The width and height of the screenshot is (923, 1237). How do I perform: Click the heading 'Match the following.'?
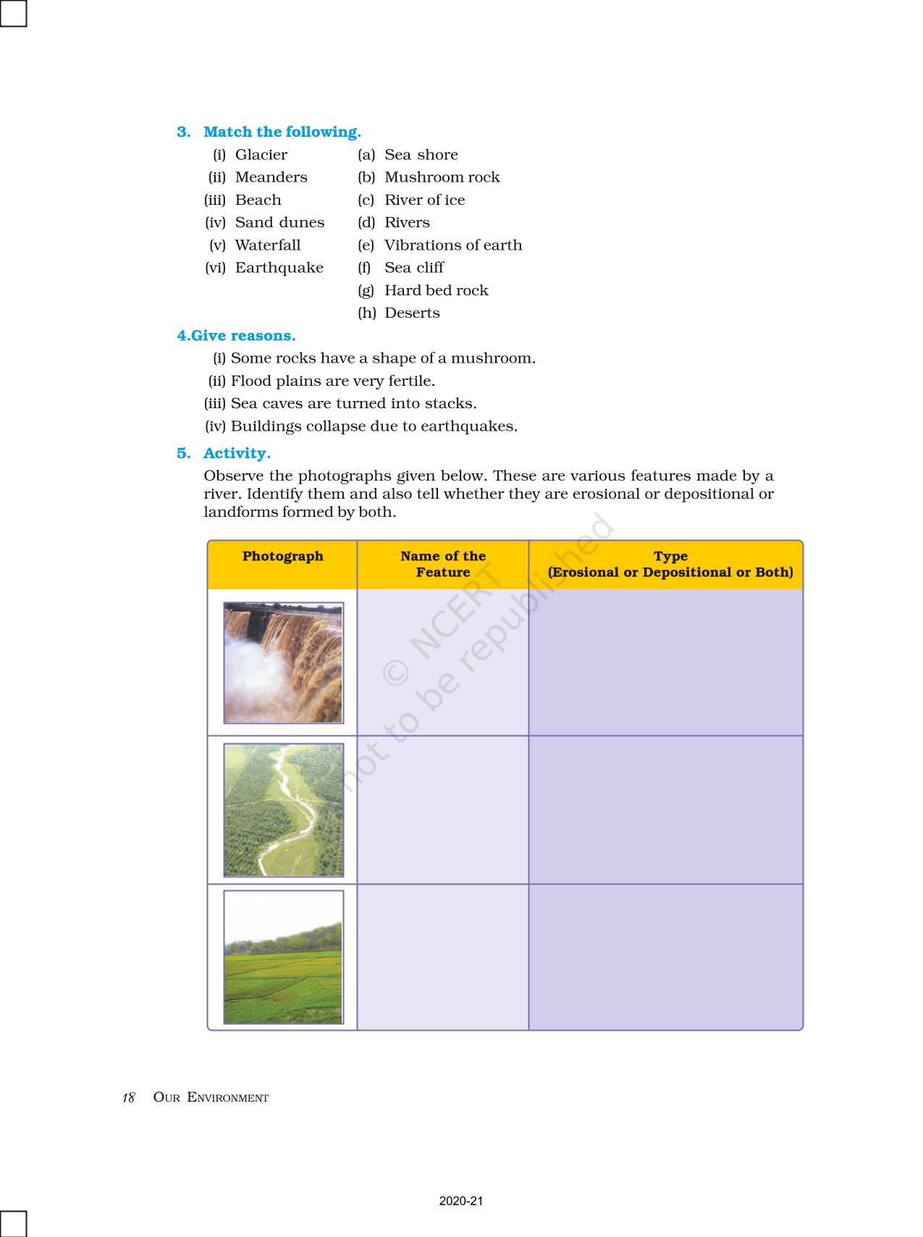(282, 132)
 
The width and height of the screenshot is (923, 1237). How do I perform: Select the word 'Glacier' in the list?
(261, 155)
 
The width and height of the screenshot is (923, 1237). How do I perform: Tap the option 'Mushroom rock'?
(442, 177)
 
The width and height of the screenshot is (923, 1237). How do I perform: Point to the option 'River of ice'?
(424, 200)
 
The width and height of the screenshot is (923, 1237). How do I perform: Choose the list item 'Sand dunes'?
(279, 222)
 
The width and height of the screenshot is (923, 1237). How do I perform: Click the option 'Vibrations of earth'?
(452, 245)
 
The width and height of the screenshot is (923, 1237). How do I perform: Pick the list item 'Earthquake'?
(279, 268)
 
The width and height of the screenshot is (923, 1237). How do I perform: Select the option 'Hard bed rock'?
(436, 290)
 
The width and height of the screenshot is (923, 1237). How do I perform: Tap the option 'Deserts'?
(412, 313)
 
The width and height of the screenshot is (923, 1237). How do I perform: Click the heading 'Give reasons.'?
(243, 336)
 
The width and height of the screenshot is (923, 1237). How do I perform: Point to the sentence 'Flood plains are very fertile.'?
(332, 381)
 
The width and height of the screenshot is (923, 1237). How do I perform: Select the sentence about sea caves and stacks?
(353, 403)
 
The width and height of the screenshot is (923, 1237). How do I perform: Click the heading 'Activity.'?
(237, 453)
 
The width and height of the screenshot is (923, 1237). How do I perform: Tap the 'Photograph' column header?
(282, 557)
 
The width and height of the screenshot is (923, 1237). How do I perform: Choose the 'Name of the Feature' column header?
(443, 564)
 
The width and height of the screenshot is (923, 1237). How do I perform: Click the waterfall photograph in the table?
(283, 662)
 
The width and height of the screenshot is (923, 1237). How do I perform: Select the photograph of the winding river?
(283, 810)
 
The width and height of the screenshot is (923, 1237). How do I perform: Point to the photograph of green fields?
(283, 957)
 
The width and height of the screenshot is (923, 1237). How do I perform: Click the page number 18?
(128, 1097)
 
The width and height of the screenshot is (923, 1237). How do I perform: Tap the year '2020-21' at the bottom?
(460, 1201)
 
